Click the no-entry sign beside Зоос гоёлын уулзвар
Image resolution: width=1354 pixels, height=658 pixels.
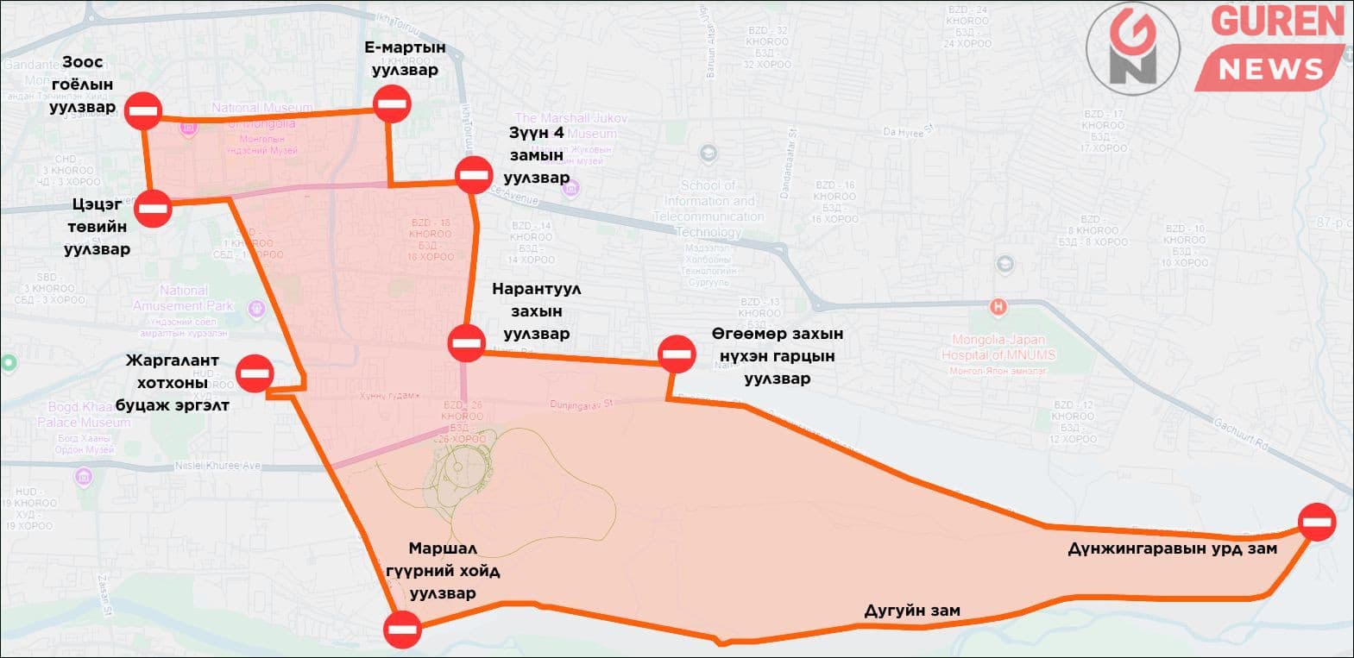143,110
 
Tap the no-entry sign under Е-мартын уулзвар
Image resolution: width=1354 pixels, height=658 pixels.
392,105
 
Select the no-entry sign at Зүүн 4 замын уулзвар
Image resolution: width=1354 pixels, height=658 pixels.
474,175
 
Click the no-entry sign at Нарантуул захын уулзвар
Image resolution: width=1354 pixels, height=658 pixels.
467,343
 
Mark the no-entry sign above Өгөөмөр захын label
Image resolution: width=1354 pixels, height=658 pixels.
676,354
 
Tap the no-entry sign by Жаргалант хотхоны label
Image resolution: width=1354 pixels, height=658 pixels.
256,373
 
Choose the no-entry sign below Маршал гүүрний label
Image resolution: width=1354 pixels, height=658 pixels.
402,630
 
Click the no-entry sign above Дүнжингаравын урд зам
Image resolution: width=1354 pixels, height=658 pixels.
1317,522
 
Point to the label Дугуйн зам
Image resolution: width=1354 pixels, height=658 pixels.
912,611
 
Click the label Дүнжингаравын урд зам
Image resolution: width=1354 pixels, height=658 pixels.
1172,548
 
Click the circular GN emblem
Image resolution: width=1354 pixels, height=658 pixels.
1133,48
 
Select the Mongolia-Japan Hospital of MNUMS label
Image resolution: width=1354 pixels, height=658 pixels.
998,348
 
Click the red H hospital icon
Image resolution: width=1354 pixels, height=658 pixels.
998,306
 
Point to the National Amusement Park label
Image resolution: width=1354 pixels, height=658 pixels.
183,298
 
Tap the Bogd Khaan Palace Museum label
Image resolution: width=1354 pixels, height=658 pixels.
84,415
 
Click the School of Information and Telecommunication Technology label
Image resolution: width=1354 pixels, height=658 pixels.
708,209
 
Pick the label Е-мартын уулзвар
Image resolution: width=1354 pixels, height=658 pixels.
405,59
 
